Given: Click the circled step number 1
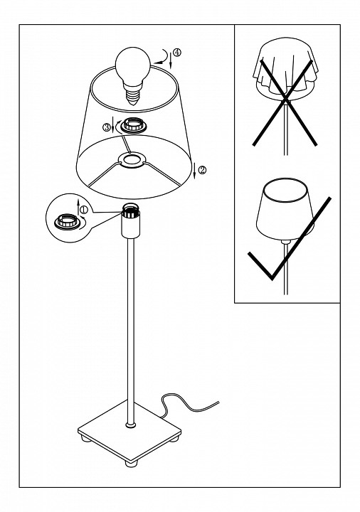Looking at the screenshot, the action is pos(84,209).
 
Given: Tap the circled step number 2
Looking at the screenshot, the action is pos(203,170).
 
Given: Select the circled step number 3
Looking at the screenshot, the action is pos(107,127).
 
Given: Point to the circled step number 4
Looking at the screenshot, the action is pos(176,52).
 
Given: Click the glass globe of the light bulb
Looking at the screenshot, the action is pos(133,65).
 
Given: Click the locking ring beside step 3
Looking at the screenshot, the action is pos(133,126).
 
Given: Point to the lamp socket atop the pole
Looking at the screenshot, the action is pos(131,220).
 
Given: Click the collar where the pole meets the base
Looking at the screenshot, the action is pos(131,425).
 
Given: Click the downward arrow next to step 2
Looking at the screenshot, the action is pos(195,170).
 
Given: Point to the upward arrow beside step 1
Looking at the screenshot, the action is pos(78,208).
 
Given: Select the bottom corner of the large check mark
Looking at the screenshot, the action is pos(271,279).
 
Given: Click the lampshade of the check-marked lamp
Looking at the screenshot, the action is pos(285,209).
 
